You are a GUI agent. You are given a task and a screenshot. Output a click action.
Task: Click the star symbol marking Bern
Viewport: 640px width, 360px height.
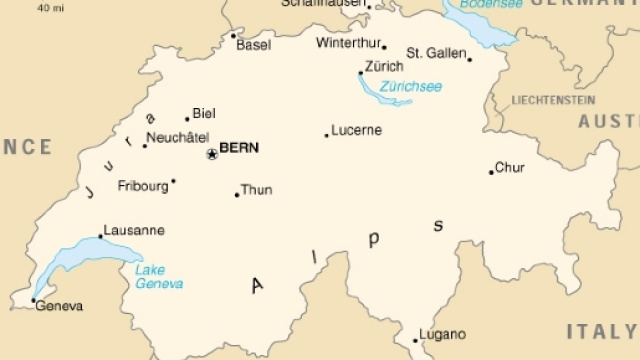click(211, 153)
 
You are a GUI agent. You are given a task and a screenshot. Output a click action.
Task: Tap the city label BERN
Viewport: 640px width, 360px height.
click(239, 148)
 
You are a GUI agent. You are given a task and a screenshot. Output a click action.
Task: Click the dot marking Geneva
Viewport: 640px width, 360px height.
click(33, 299)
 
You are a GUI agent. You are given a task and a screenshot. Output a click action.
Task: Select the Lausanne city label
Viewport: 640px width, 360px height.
click(134, 229)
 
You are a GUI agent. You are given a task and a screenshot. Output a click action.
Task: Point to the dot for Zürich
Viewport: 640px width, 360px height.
click(361, 72)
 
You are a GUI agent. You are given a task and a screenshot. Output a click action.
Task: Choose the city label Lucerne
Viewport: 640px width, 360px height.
click(357, 130)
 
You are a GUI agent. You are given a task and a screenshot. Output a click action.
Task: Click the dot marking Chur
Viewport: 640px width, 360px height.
click(491, 172)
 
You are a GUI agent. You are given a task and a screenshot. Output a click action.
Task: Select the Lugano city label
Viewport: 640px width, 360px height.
click(443, 334)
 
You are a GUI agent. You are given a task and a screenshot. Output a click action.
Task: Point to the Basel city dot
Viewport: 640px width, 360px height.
click(233, 36)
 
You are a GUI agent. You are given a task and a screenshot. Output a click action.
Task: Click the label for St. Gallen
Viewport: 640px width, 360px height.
click(436, 52)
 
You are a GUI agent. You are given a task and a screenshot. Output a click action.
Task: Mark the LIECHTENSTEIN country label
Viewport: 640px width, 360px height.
click(552, 100)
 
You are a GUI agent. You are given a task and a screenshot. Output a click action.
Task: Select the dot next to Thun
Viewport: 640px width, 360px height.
click(237, 194)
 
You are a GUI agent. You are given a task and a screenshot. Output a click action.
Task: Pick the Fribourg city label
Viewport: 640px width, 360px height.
click(142, 186)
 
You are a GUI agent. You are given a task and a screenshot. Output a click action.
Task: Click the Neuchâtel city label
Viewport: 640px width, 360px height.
click(179, 138)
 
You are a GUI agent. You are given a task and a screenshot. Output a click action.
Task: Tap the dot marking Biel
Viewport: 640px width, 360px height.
click(187, 119)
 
